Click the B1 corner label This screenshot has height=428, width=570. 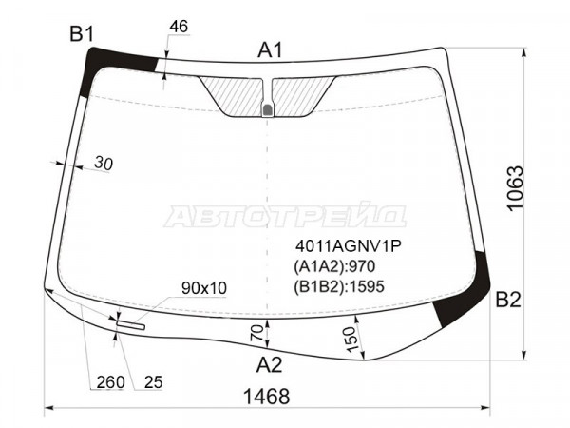coord(82,34)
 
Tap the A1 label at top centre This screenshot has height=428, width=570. coord(270,50)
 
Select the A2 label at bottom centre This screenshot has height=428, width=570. coord(269,364)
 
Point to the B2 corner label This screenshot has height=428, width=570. coord(508,300)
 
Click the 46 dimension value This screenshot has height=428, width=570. coord(179,27)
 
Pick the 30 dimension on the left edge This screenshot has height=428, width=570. coord(104,164)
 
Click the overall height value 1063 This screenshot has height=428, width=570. coord(516,188)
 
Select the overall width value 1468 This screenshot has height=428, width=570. coord(266,397)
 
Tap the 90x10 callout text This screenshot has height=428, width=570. coord(204,288)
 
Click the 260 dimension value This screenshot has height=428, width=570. coord(110,382)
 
